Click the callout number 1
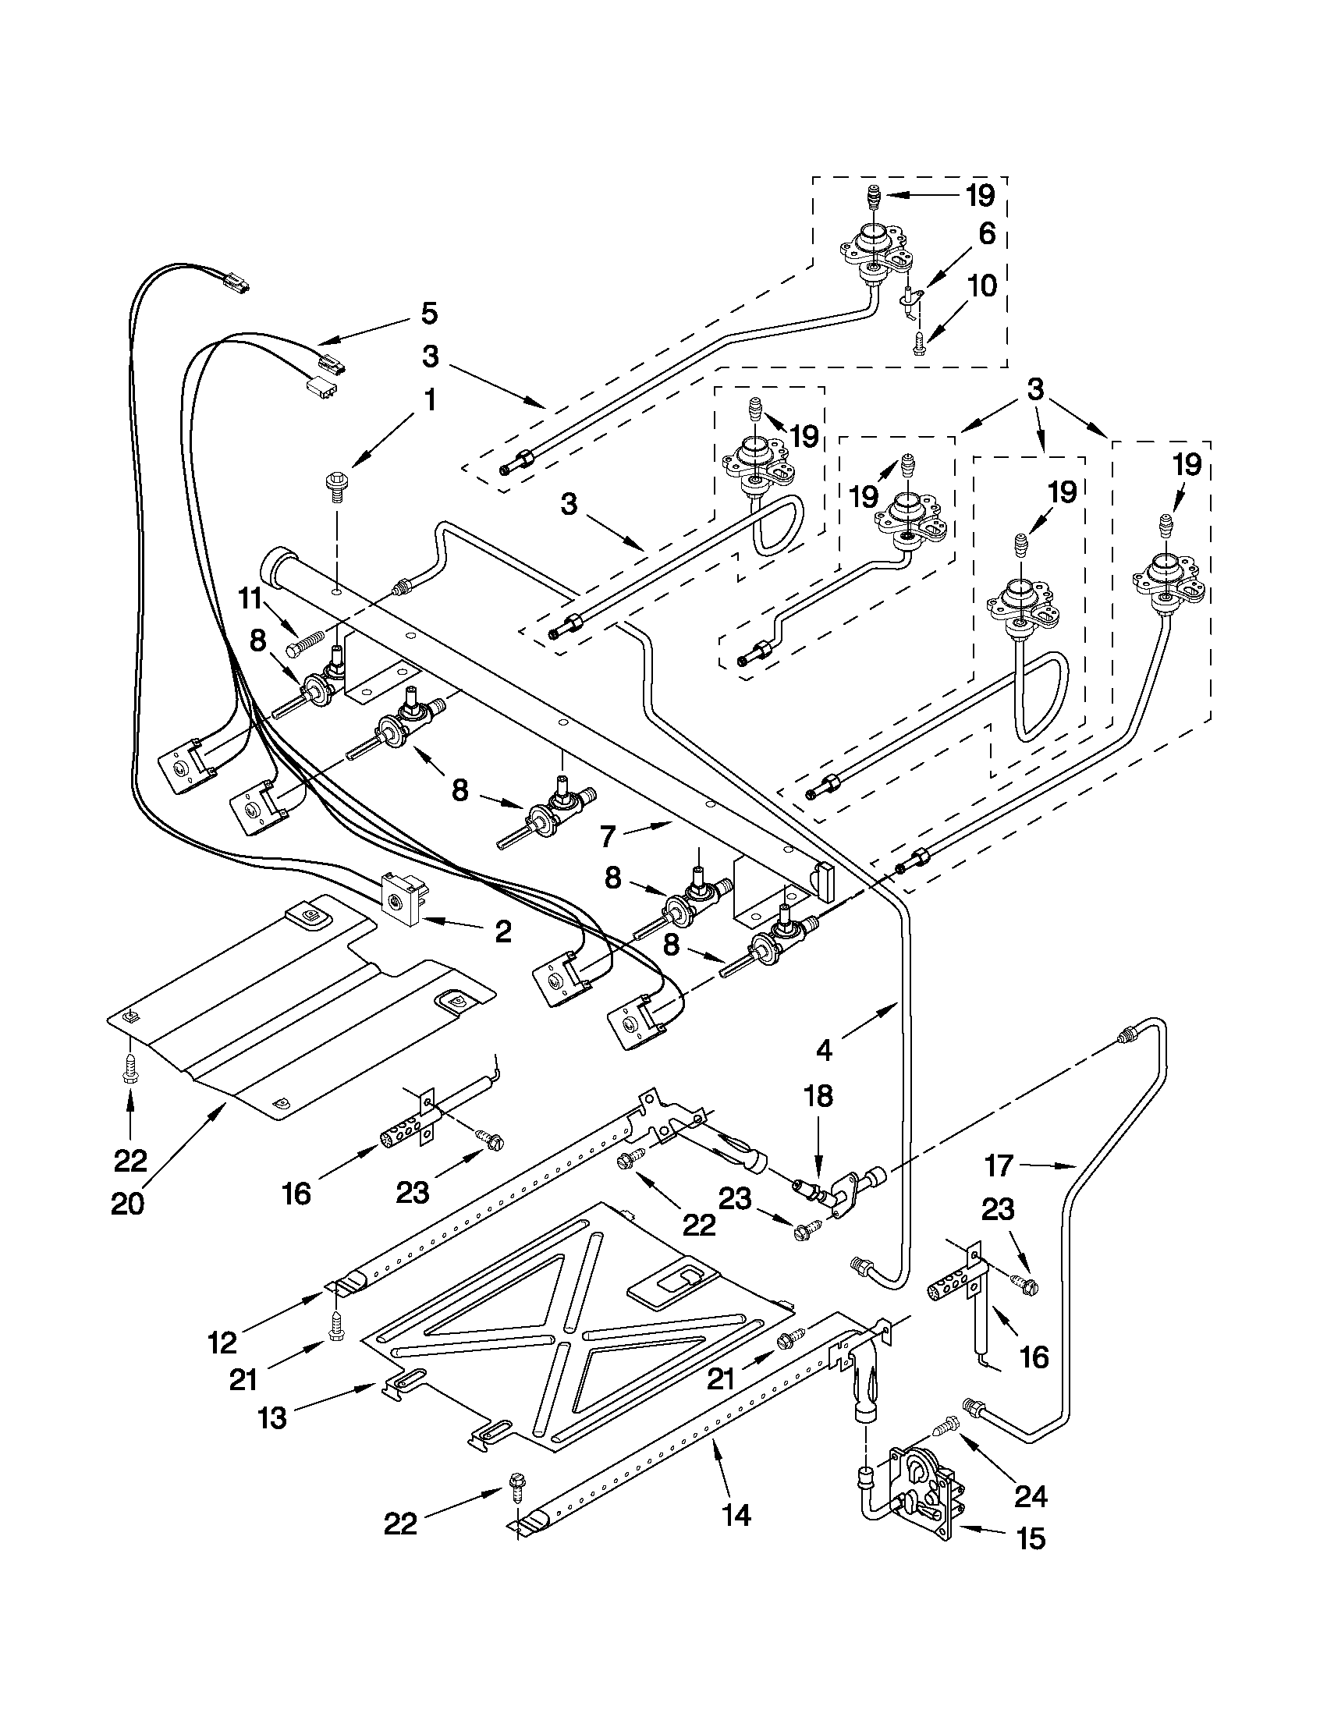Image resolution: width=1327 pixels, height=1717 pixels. click(429, 401)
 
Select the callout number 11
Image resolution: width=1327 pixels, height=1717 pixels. click(250, 600)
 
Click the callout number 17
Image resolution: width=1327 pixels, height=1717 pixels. click(999, 1166)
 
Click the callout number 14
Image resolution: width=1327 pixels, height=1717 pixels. click(736, 1513)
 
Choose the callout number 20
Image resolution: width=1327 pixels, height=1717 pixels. click(127, 1204)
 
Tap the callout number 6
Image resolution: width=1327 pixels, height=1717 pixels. click(987, 234)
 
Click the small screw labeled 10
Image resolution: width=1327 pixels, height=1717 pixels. click(918, 343)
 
